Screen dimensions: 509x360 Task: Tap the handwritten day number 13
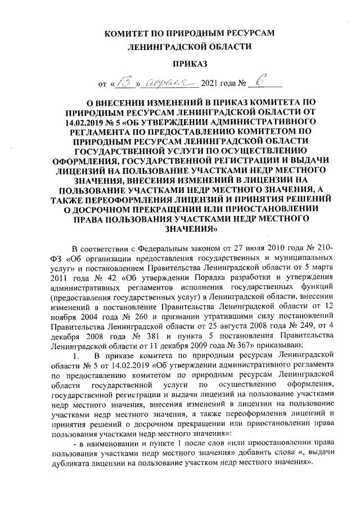point(122,84)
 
